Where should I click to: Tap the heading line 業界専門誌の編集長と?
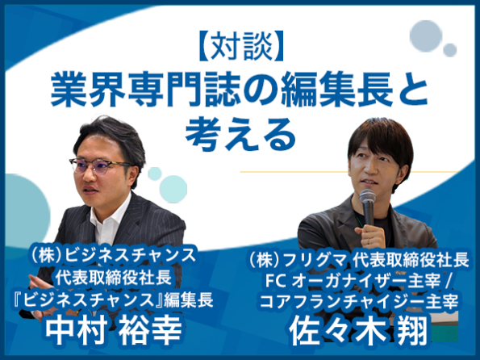pyautogui.click(x=240, y=89)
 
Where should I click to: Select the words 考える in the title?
pyautogui.click(x=240, y=135)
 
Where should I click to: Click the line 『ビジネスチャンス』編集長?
pyautogui.click(x=114, y=300)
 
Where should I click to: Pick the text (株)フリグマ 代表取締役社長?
pyautogui.click(x=359, y=260)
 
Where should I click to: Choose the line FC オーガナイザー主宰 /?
pyautogui.click(x=357, y=281)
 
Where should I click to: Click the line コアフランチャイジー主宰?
pyautogui.click(x=359, y=301)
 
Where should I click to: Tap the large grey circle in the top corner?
pyautogui.click(x=426, y=36)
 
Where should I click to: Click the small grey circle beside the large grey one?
pyautogui.click(x=450, y=50)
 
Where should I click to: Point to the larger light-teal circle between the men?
pyautogui.click(x=173, y=189)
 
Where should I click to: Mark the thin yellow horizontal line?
pyautogui.click(x=349, y=172)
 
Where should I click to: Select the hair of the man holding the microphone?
pyautogui.click(x=381, y=144)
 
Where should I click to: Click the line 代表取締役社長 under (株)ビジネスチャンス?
pyautogui.click(x=114, y=278)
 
